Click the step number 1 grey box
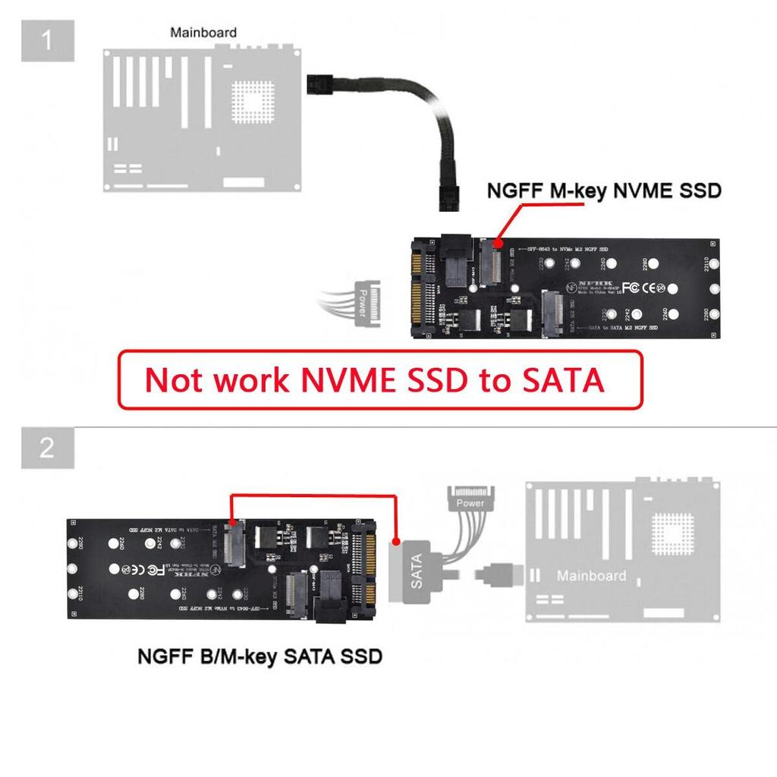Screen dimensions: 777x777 47,39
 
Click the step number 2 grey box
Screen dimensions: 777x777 47,448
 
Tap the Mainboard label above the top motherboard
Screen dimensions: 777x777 203,33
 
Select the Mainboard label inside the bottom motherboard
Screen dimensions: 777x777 591,576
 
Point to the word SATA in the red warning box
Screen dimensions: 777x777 562,380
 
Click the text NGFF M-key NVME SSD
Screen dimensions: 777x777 602,191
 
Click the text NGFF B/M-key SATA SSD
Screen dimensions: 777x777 260,656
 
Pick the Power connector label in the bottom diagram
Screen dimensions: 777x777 470,502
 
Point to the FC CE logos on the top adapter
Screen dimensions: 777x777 642,288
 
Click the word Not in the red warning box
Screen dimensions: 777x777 174,380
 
